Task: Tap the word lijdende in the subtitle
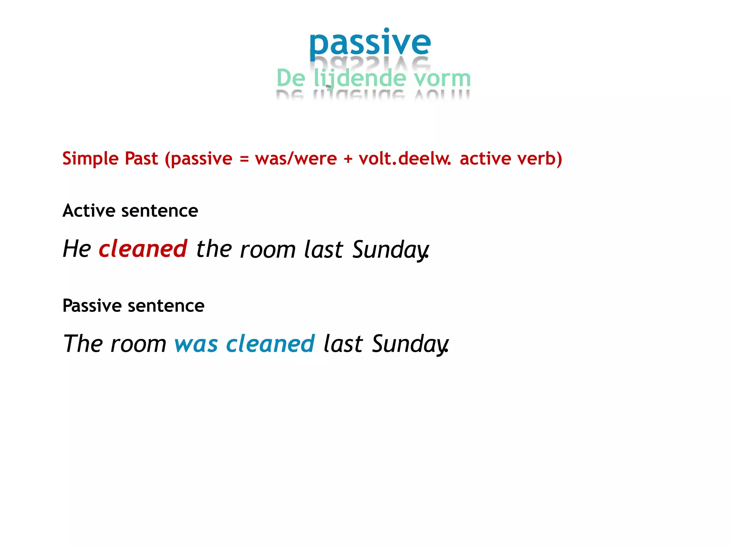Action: [360, 78]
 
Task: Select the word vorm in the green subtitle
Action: [442, 78]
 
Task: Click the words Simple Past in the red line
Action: [110, 158]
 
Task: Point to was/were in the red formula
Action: [296, 158]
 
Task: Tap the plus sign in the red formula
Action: [348, 159]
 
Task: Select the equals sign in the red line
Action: [244, 159]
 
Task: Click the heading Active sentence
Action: [130, 210]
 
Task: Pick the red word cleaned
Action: [143, 249]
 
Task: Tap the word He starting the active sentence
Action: [77, 249]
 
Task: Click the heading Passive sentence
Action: [133, 306]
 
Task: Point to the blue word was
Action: [196, 344]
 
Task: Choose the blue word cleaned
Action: [271, 344]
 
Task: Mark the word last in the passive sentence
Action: [343, 344]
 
